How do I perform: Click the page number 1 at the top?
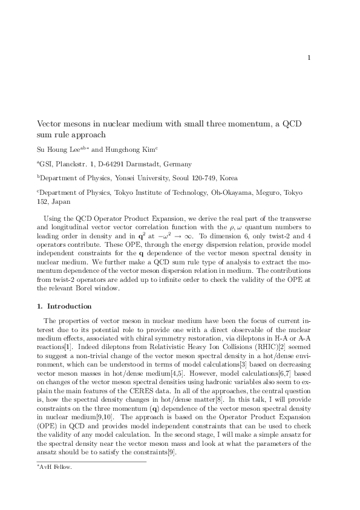[309, 58]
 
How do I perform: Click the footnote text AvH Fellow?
[55, 467]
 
